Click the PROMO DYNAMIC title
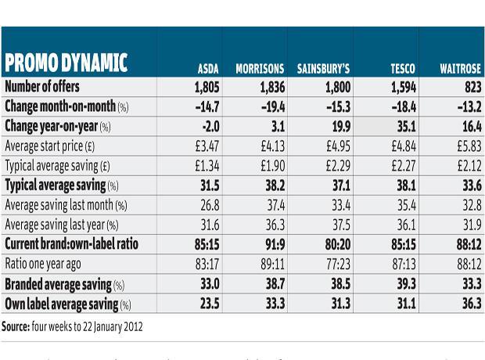[66, 63]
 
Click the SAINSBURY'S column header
[322, 69]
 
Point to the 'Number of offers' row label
[42, 87]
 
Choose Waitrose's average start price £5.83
[466, 146]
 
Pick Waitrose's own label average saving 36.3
[469, 304]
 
